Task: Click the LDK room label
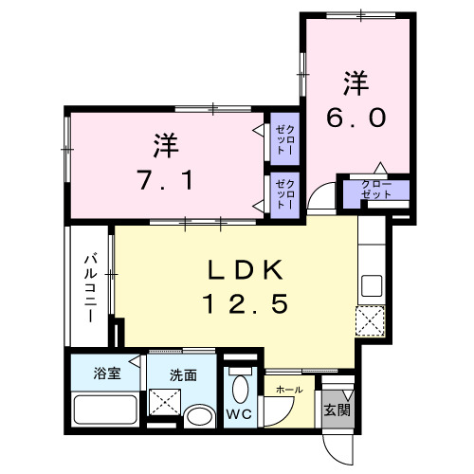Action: [x=246, y=271]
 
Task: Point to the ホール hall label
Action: [x=288, y=390]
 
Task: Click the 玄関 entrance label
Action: [x=336, y=410]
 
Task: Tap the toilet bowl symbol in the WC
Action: [x=241, y=389]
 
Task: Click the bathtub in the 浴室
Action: [x=103, y=411]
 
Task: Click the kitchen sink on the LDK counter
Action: [x=370, y=283]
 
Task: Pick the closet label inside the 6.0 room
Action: [x=376, y=189]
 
